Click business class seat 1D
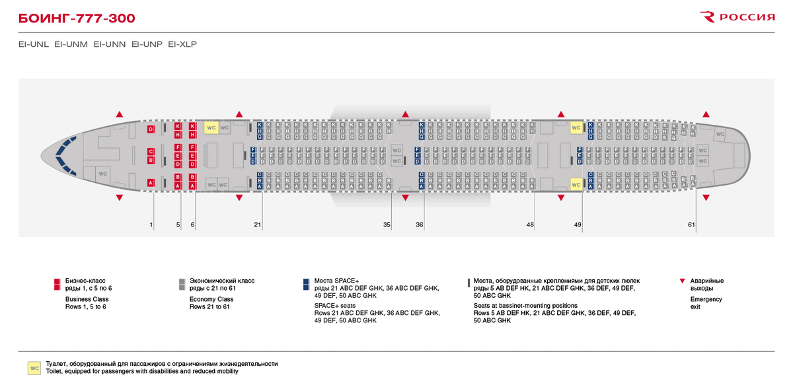[x=151, y=129]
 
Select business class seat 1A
[x=151, y=182]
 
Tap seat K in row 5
[x=178, y=126]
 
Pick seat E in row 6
[x=192, y=156]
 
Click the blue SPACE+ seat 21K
[x=260, y=124]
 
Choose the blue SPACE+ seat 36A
[x=422, y=187]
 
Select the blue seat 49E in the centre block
[x=580, y=156]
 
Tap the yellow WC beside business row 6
[x=211, y=127]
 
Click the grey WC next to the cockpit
[x=102, y=173]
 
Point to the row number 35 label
[x=387, y=225]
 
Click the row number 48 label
[x=530, y=225]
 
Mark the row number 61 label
[x=691, y=225]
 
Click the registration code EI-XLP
[x=182, y=44]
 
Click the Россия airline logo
[x=737, y=17]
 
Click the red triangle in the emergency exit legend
[x=683, y=281]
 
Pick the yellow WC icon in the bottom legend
[x=34, y=368]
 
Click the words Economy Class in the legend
[x=211, y=299]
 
